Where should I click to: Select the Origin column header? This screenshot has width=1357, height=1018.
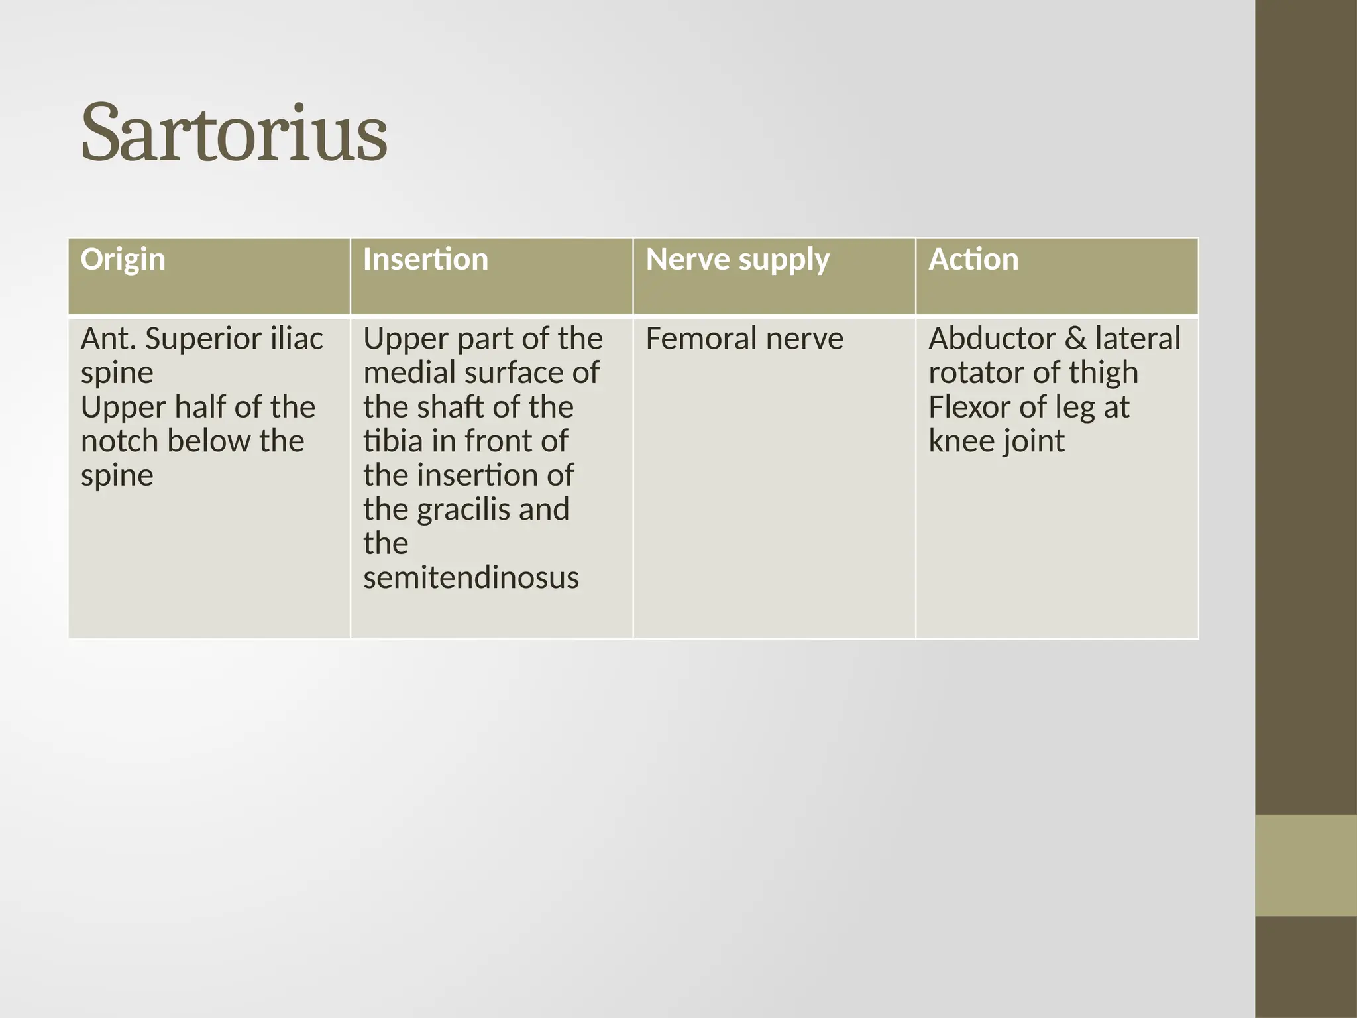pos(123,259)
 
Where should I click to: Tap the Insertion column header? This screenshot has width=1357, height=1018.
pos(425,259)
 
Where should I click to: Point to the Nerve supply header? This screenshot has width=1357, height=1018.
pos(737,259)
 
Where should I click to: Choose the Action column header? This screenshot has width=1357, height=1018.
pos(973,259)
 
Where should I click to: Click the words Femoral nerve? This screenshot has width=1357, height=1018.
pos(744,339)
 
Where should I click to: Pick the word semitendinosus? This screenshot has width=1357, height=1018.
pos(470,577)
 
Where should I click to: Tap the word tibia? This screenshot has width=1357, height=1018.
pos(393,441)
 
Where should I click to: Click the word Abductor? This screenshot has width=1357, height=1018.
pos(992,339)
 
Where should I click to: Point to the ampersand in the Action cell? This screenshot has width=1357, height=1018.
pos(1076,339)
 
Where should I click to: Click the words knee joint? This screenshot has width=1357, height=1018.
pos(996,441)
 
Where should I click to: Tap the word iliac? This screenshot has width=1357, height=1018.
pos(296,339)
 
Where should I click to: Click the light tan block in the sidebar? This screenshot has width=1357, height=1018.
pos(1305,864)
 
